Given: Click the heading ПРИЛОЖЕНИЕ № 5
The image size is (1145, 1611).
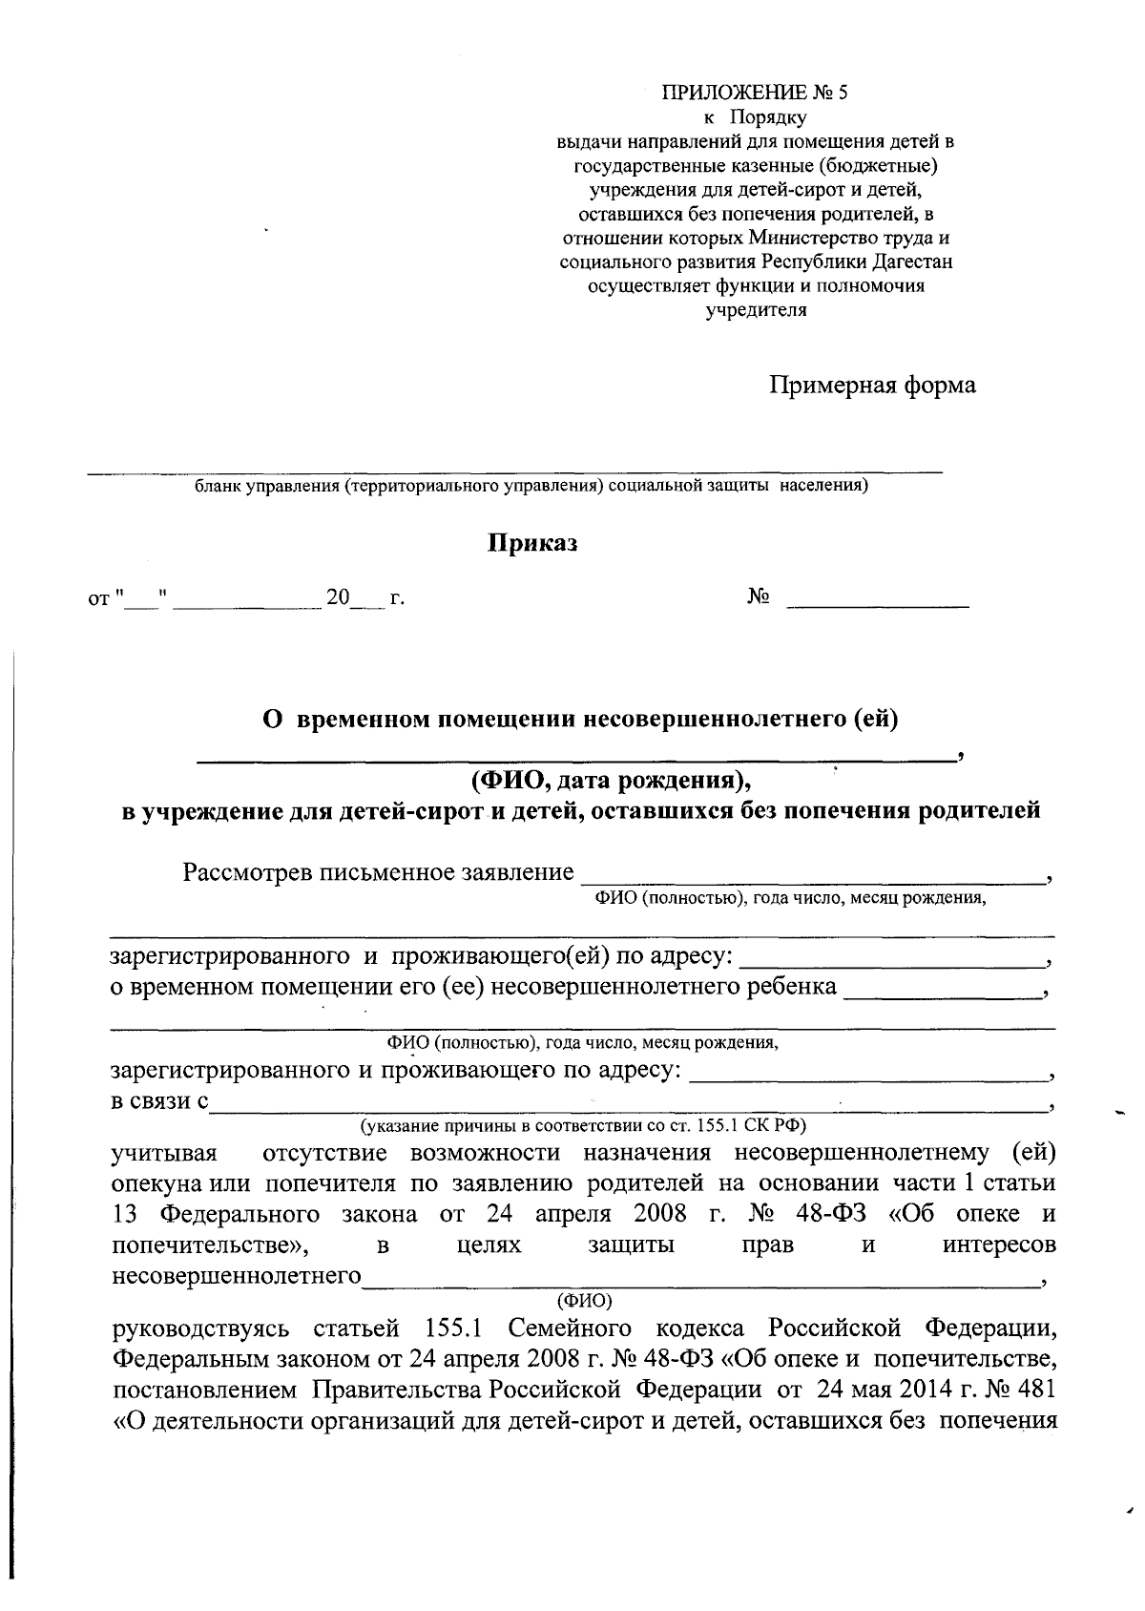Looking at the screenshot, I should pos(755,94).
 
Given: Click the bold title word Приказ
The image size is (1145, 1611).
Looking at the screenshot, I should pos(533,543).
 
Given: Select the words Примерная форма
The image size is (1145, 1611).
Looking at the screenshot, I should pos(872,386).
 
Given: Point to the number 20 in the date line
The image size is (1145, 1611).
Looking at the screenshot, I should pos(338,598).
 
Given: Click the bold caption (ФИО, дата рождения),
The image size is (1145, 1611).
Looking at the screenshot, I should pos(611,782).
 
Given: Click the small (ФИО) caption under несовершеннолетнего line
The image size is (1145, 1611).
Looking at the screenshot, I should pos(584,1300).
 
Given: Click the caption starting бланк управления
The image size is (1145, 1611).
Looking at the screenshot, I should pos(531,487).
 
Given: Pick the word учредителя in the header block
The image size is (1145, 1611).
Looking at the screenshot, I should pos(755,309).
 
